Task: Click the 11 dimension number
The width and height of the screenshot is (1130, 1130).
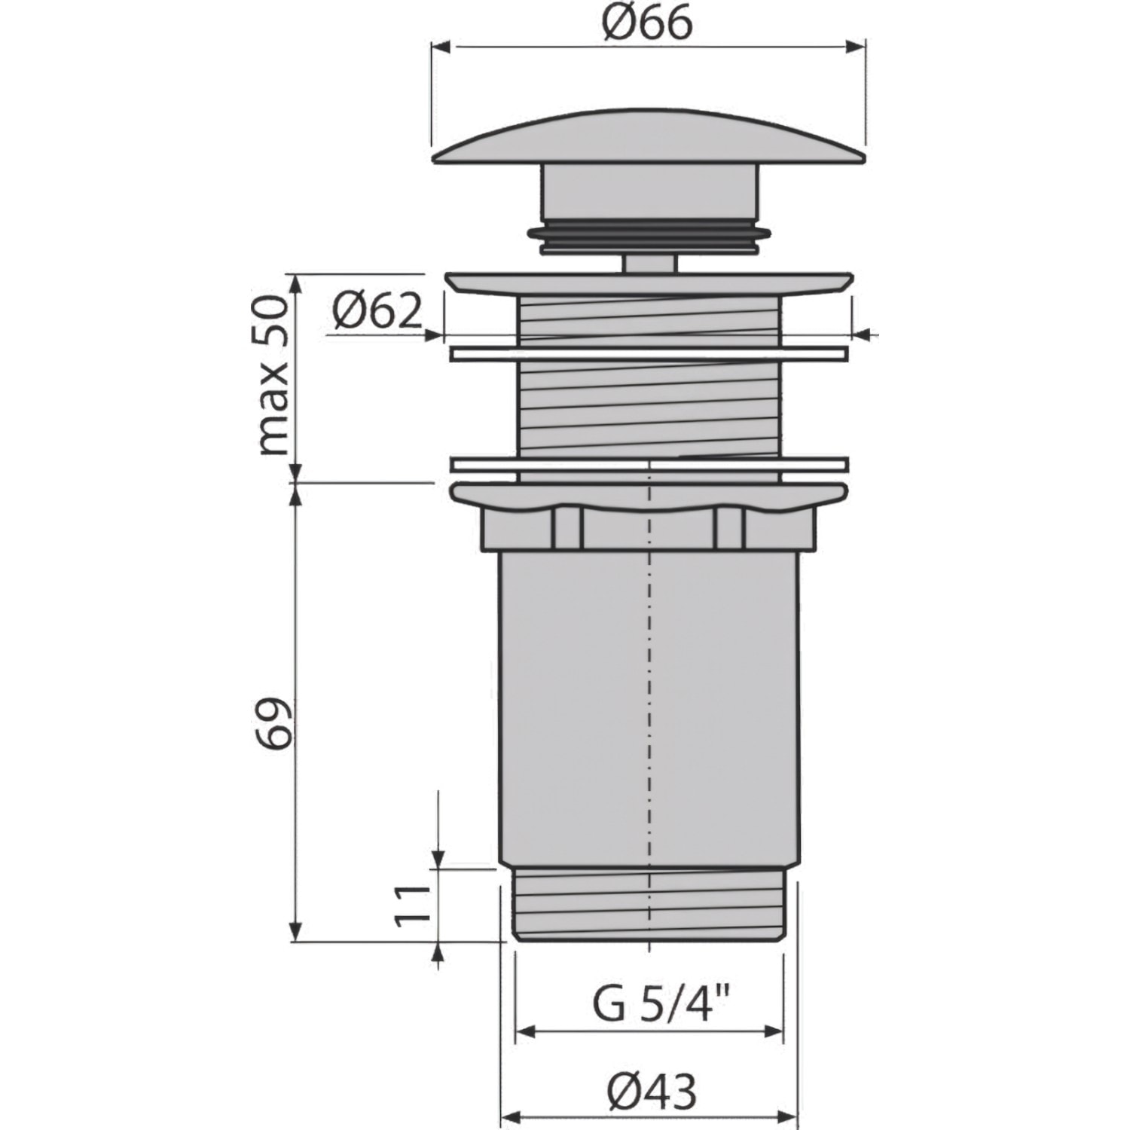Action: (x=412, y=903)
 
